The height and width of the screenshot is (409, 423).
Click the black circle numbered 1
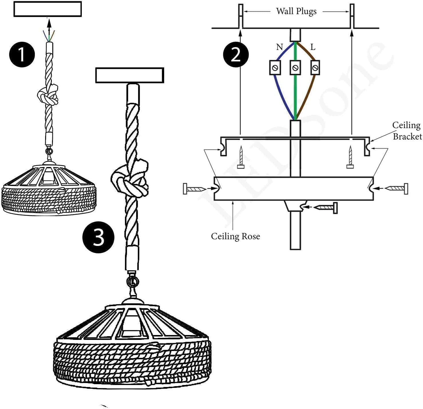(22, 55)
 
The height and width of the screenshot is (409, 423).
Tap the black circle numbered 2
(236, 55)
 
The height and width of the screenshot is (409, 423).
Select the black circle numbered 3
(98, 237)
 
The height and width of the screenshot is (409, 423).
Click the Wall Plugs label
(296, 11)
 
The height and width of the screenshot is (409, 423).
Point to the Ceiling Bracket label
(407, 131)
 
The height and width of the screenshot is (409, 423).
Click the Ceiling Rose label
(235, 236)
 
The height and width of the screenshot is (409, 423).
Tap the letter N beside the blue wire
(279, 47)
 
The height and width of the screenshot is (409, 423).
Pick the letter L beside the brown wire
(313, 47)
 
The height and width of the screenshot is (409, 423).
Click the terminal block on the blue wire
(275, 68)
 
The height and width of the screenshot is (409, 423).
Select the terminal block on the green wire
(295, 68)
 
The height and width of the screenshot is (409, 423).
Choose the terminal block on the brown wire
(315, 68)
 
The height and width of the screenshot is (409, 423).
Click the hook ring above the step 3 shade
(133, 282)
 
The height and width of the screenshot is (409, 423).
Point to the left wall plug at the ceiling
(241, 16)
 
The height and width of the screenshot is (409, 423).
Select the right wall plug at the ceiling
(352, 16)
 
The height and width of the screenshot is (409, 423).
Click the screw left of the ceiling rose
(194, 189)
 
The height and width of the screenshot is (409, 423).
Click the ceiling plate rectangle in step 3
(130, 75)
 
